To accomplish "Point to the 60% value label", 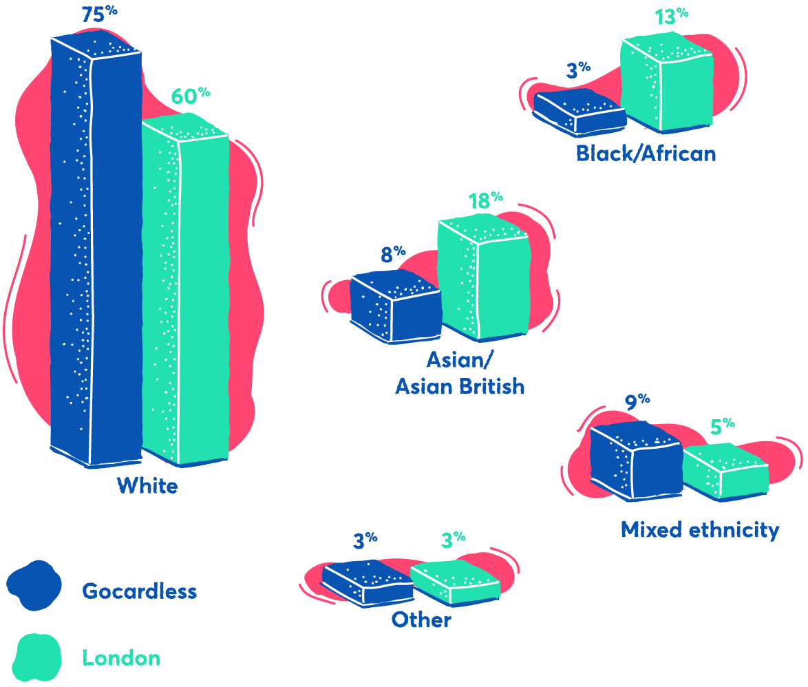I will point(190,96).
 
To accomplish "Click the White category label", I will point(147,486).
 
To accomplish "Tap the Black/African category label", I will point(646,153).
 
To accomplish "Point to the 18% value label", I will point(485,200).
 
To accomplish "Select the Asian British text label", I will point(459,387).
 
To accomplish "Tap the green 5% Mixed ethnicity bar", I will point(725,471).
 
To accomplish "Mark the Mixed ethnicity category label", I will point(699,530).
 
